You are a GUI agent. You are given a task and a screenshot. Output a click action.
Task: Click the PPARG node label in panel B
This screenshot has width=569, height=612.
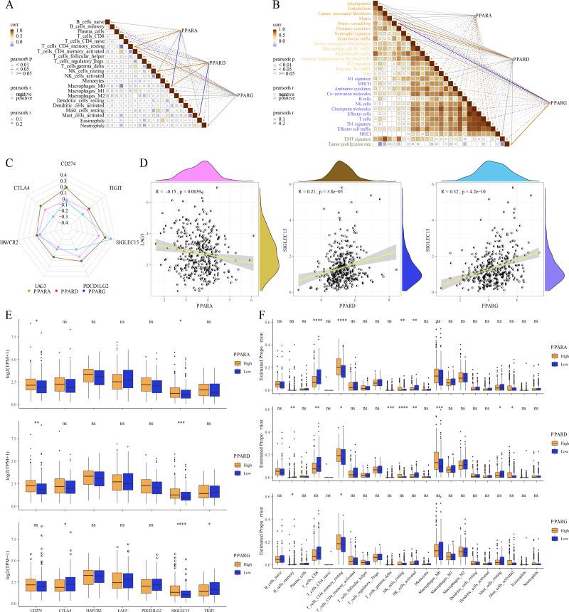pyautogui.click(x=559, y=104)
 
